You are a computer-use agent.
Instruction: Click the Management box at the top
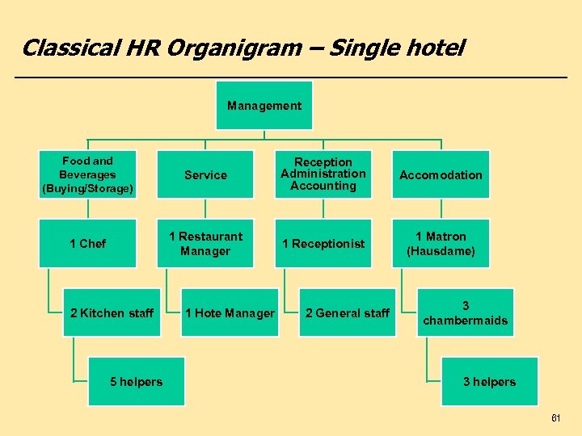[x=264, y=106]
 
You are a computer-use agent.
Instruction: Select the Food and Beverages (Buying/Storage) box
[x=87, y=174]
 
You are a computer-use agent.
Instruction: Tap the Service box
[x=205, y=174]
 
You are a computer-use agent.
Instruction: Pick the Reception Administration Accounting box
[x=323, y=174]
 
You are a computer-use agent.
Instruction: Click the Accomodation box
[x=441, y=174]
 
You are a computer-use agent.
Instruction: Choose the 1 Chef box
[x=87, y=243]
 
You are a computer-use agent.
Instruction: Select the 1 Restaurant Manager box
[x=205, y=243]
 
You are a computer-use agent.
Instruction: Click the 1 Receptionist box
[x=323, y=243]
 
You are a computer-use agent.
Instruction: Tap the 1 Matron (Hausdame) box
[x=441, y=243]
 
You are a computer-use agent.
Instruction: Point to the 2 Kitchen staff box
[x=112, y=312]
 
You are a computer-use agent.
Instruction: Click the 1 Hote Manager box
[x=230, y=312]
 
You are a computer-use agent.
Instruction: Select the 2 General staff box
[x=348, y=312]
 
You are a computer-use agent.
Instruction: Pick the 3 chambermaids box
[x=465, y=312]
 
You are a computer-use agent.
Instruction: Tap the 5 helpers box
[x=136, y=381]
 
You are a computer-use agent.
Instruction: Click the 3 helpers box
[x=489, y=381]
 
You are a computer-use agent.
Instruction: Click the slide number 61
[x=555, y=418]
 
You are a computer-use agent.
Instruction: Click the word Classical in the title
[x=70, y=48]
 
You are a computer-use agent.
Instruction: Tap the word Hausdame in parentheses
[x=441, y=251]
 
